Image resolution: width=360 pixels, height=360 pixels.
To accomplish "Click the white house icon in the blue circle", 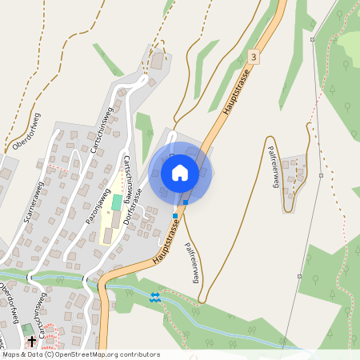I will pyautogui.click(x=179, y=173).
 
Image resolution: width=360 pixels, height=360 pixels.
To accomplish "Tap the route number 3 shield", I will pyautogui.click(x=254, y=57).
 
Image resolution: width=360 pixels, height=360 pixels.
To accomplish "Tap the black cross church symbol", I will pyautogui.click(x=32, y=342).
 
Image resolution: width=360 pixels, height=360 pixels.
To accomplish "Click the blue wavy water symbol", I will pyautogui.click(x=155, y=298).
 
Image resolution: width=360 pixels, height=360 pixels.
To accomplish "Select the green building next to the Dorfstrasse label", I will pyautogui.click(x=118, y=201).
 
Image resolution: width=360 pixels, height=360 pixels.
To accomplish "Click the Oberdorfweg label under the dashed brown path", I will pyautogui.click(x=29, y=133).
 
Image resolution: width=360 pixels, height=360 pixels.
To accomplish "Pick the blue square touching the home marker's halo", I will pyautogui.click(x=186, y=202).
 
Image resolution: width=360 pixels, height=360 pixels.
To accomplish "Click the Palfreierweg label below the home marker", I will pyautogui.click(x=192, y=262).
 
